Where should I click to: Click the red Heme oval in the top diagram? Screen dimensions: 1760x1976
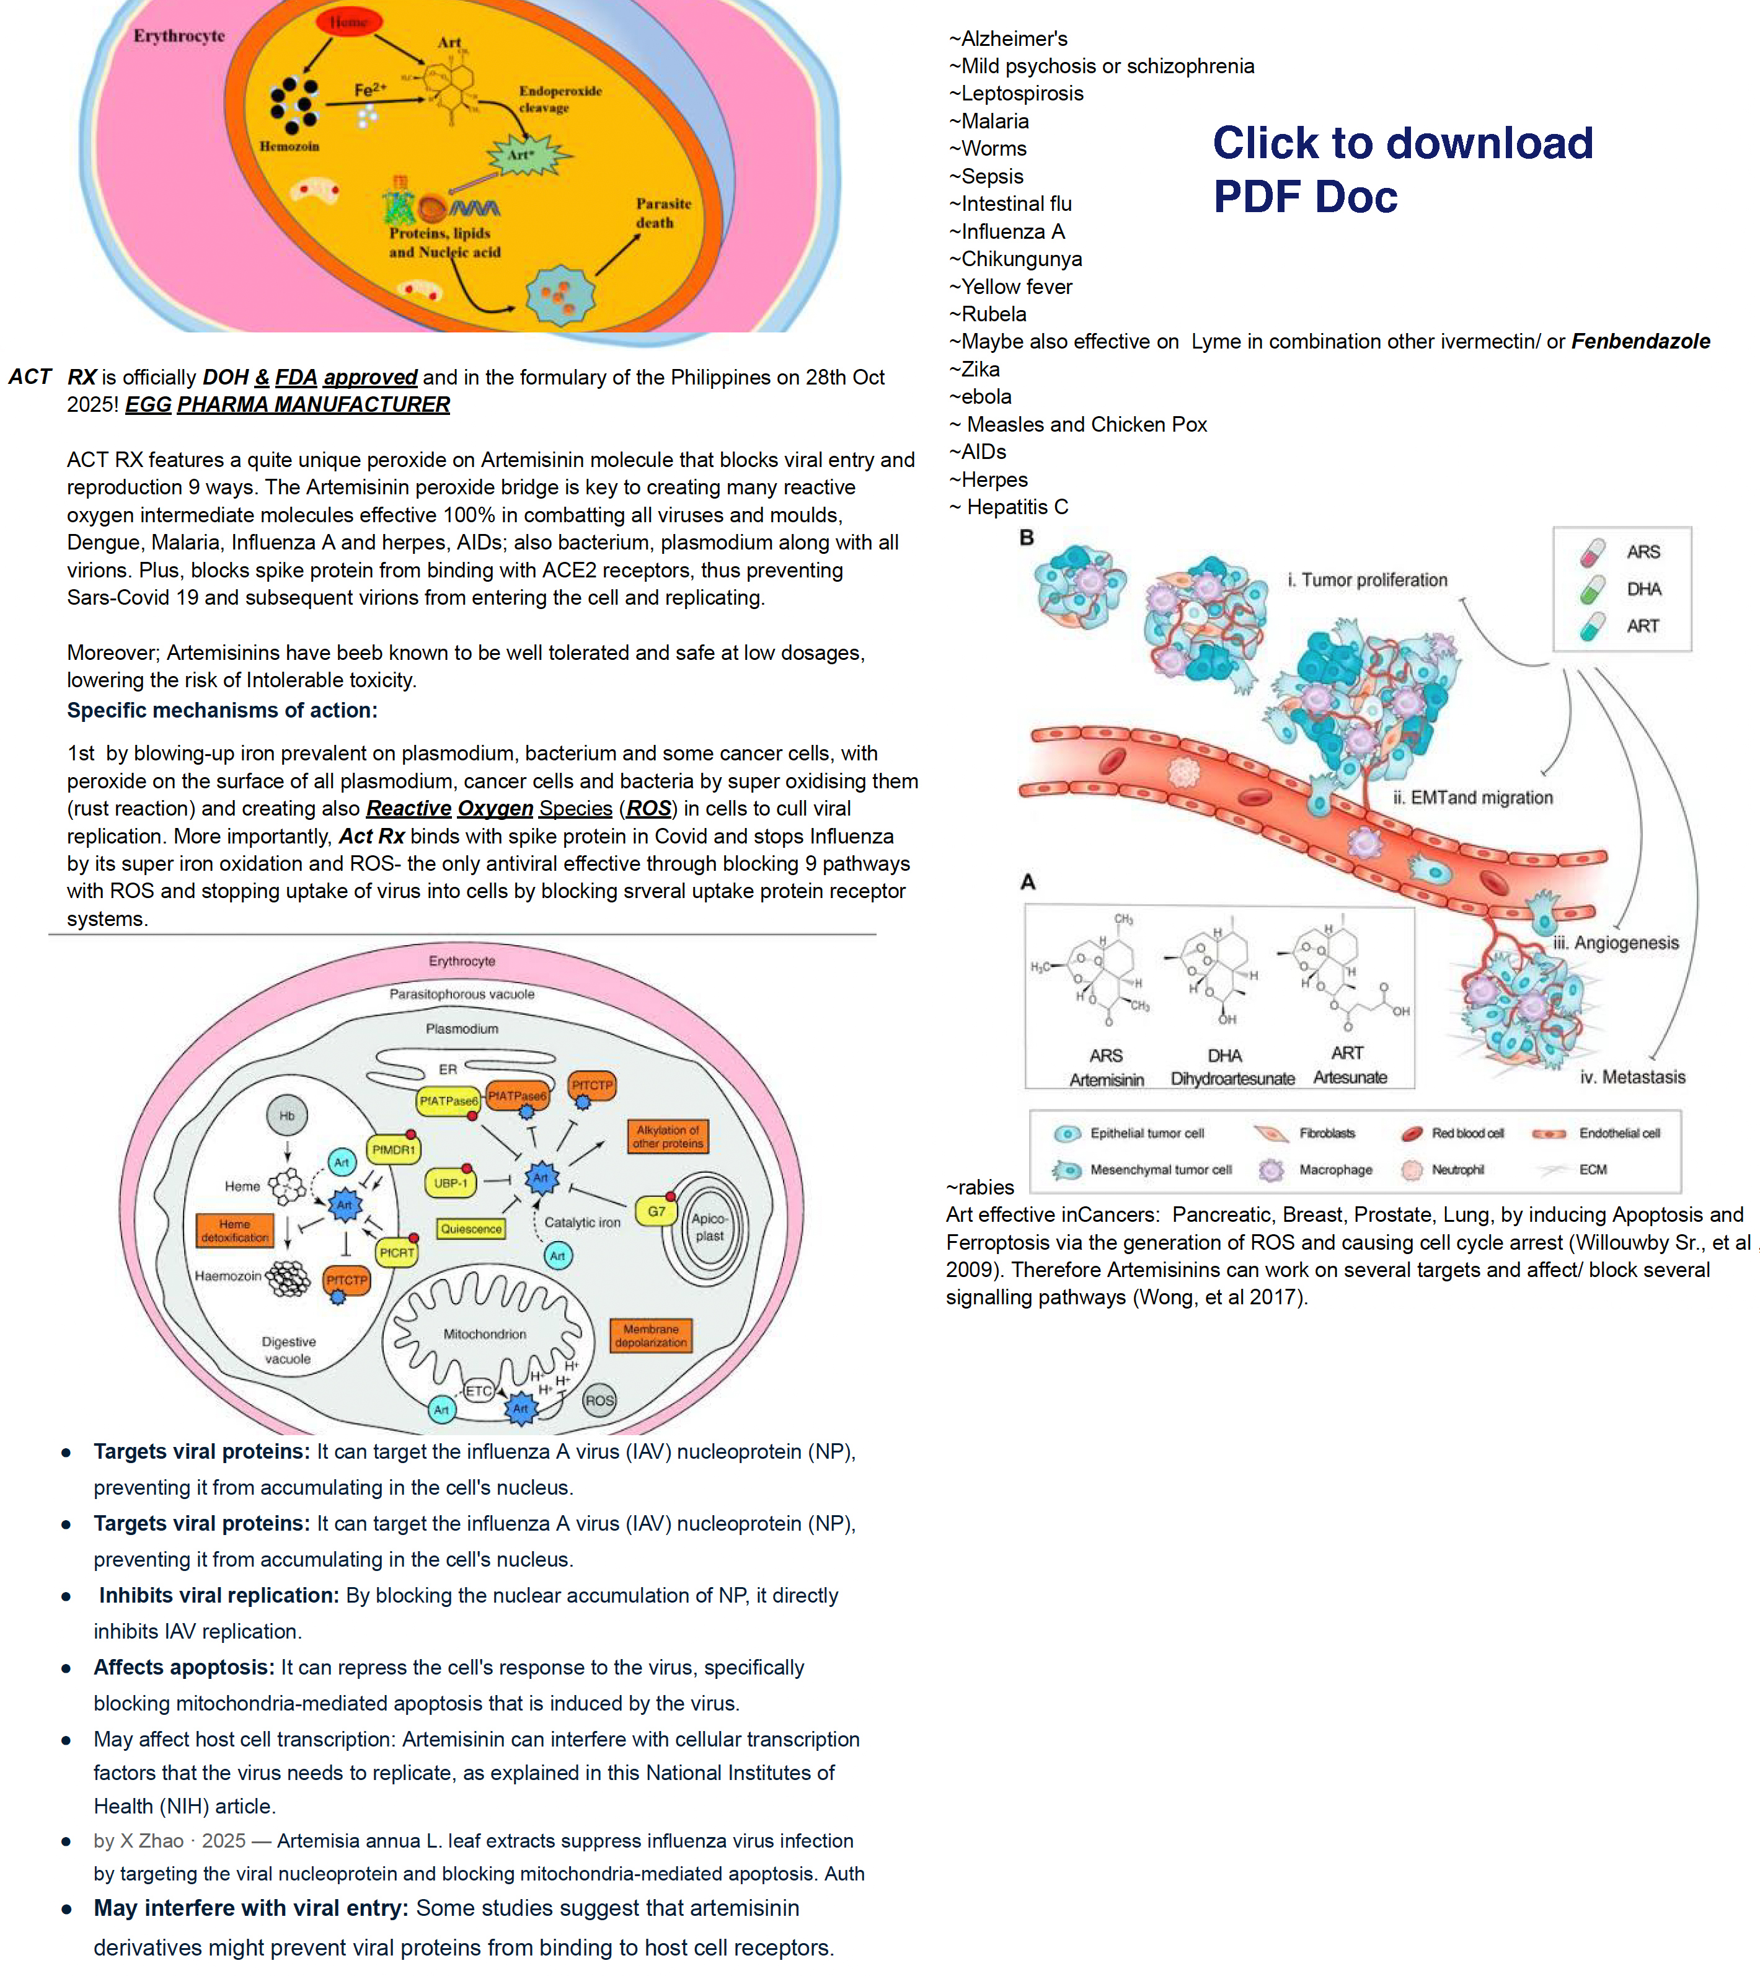pos(348,21)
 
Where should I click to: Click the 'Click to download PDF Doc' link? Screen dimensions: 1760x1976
pos(1402,169)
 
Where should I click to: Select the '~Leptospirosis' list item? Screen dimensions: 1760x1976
pos(1015,94)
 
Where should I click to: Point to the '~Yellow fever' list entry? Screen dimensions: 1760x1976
pos(1010,287)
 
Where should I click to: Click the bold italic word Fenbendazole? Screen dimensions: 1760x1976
pos(1640,341)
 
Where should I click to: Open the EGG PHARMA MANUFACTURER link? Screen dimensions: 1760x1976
pos(287,404)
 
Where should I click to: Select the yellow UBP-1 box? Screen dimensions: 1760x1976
pos(451,1182)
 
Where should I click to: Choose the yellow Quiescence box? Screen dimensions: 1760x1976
pos(471,1229)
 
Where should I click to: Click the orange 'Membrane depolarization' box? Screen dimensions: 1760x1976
pos(651,1336)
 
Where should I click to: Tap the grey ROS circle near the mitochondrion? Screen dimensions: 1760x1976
pos(599,1400)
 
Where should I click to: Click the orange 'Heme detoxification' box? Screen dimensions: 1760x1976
pos(235,1231)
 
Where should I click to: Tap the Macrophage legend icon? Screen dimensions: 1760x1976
pos(1271,1170)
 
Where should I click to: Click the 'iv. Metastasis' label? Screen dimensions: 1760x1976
pos(1632,1077)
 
